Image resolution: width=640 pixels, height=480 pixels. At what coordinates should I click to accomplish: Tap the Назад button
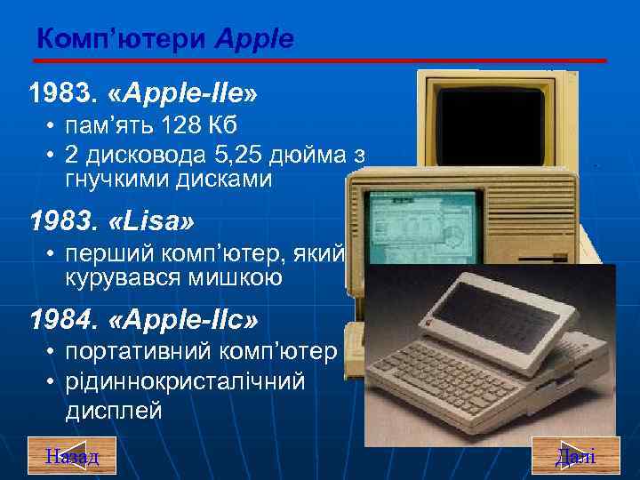(x=72, y=456)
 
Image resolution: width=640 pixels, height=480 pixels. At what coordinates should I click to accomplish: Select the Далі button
(x=575, y=456)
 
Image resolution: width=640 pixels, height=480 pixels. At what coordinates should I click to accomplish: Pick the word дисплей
(x=113, y=412)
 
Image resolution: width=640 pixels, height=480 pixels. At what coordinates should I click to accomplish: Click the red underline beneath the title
(x=320, y=60)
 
